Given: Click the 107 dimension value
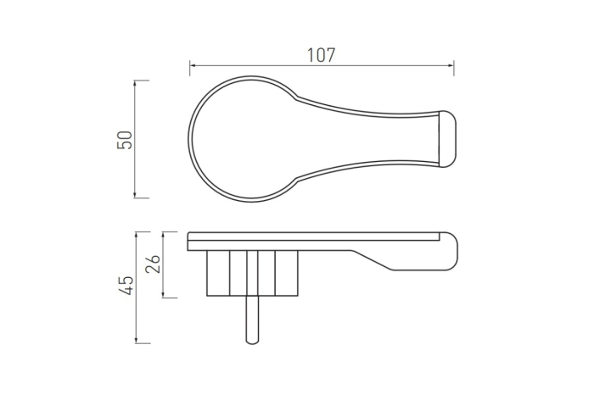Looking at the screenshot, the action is point(321,55).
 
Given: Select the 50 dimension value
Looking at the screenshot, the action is point(125,140).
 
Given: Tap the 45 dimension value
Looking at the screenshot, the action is point(126,286).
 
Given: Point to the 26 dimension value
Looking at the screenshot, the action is point(153,264).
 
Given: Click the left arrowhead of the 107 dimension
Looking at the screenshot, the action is point(193,65).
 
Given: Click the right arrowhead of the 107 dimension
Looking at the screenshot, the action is point(451,65).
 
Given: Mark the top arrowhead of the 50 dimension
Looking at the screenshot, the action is point(135,83).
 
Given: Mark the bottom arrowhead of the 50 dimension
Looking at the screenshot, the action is point(135,195).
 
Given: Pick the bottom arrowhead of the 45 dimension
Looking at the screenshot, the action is point(137,341).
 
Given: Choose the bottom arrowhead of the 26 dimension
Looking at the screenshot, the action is point(163,295).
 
